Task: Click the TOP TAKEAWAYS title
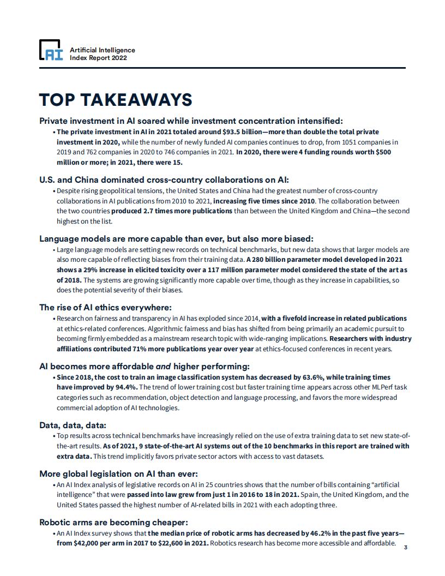coord(116,100)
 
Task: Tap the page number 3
coord(405,547)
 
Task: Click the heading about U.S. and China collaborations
coord(164,179)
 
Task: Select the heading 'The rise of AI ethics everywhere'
coord(105,307)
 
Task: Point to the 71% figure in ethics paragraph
coord(141,349)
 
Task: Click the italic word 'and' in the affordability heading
coord(164,366)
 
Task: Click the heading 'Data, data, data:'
coord(73,424)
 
